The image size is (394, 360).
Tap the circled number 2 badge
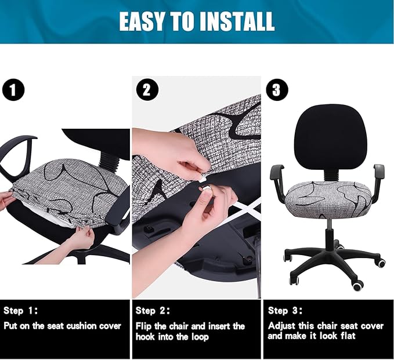coord(146,90)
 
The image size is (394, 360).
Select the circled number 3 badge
coord(276,90)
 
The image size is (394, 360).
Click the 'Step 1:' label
coord(21,311)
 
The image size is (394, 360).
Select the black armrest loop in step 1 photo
coord(16,157)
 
